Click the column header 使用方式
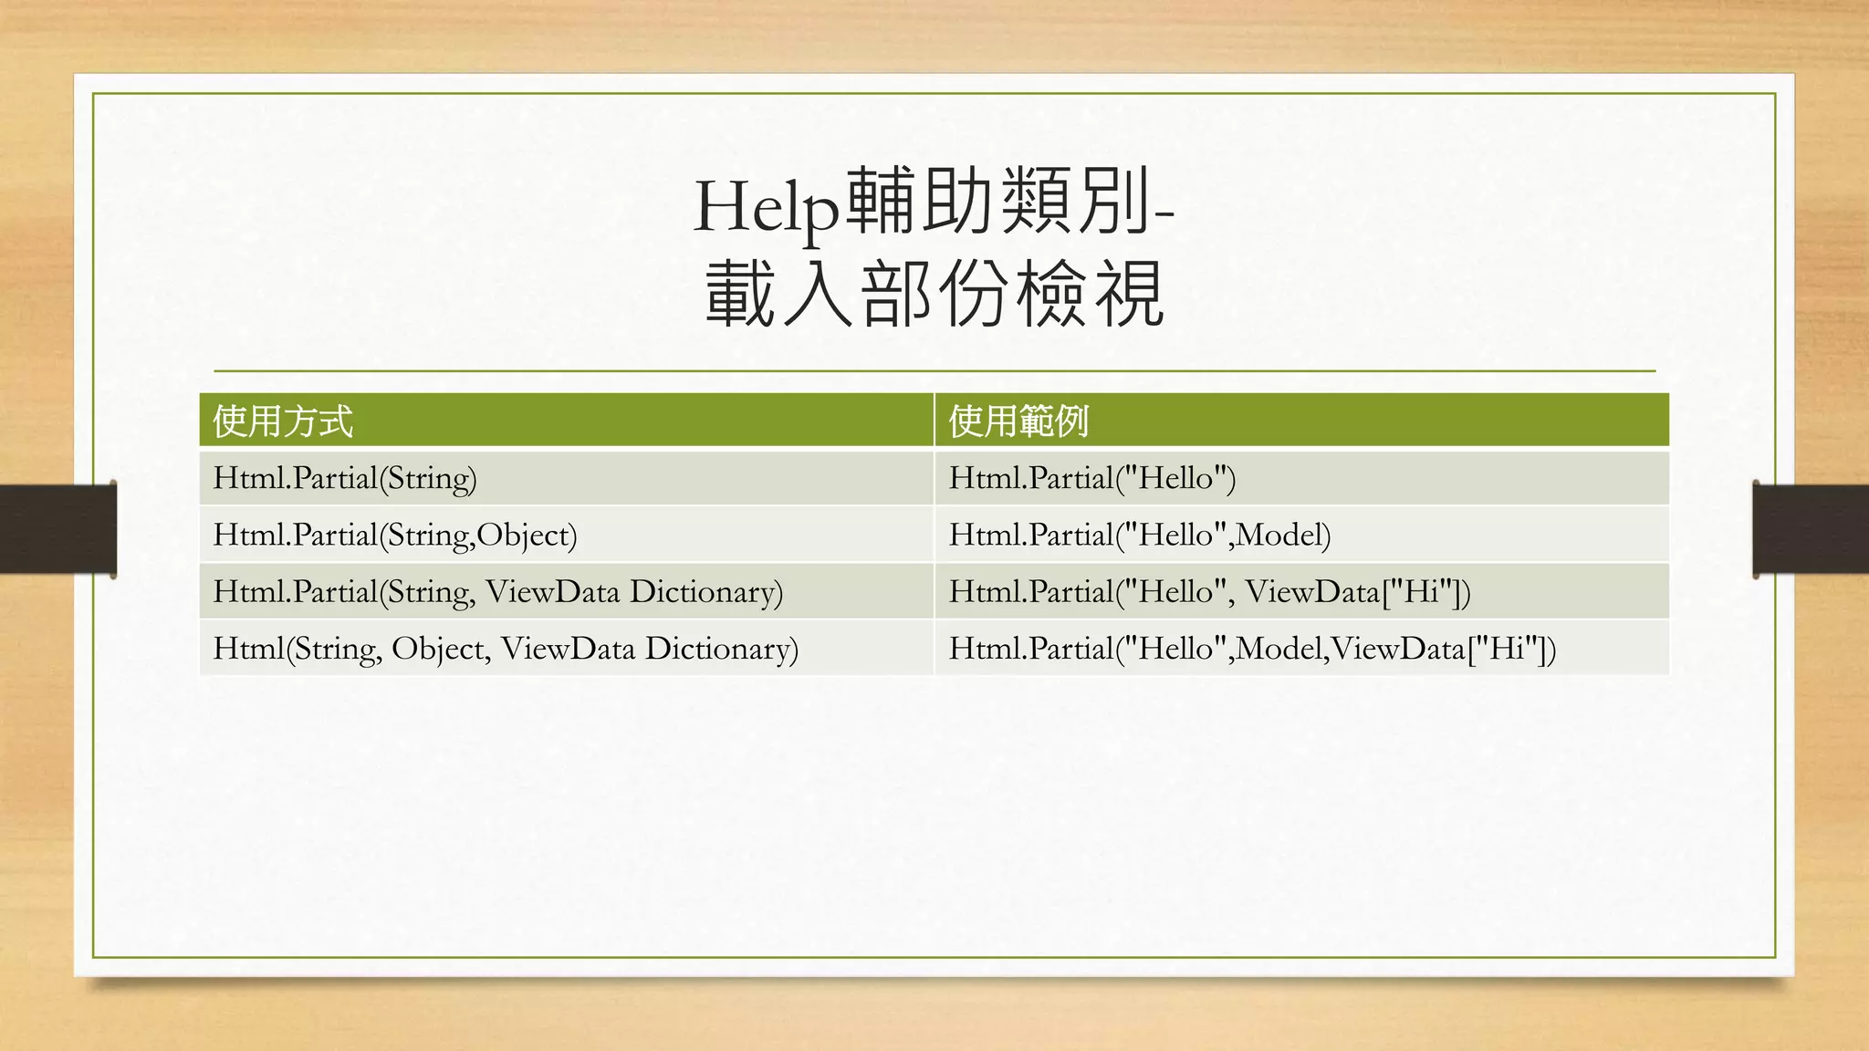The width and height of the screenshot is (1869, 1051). [283, 421]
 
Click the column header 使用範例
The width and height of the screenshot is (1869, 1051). [1018, 421]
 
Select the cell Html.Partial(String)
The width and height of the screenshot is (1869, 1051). [345, 478]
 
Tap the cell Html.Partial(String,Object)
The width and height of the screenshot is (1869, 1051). [395, 535]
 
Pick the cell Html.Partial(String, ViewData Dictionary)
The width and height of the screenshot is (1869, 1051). [498, 591]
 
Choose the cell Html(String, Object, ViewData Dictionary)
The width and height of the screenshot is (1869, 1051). [506, 649]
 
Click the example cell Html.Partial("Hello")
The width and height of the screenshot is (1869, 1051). [1092, 478]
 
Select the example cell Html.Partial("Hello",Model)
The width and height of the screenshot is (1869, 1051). [1140, 535]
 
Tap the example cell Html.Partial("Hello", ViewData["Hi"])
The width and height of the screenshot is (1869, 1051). [1209, 591]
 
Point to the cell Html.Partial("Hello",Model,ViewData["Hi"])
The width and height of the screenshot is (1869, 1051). [1252, 649]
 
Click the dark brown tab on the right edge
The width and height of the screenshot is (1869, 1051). [1811, 529]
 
